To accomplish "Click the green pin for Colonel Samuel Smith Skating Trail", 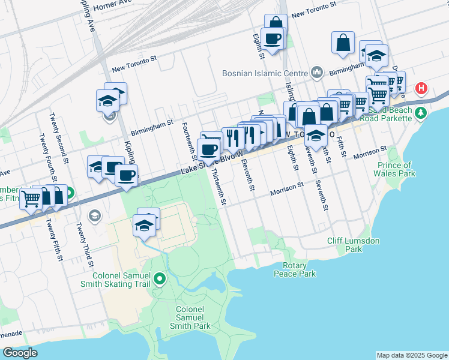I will tap(159, 278).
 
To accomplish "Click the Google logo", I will tap(20, 353).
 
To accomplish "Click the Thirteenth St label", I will tap(222, 186).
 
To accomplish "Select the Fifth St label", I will tap(343, 144).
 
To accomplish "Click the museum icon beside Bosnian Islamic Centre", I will tap(317, 73).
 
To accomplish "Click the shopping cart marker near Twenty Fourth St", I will tap(31, 197).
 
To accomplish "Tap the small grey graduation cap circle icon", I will tap(94, 215).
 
